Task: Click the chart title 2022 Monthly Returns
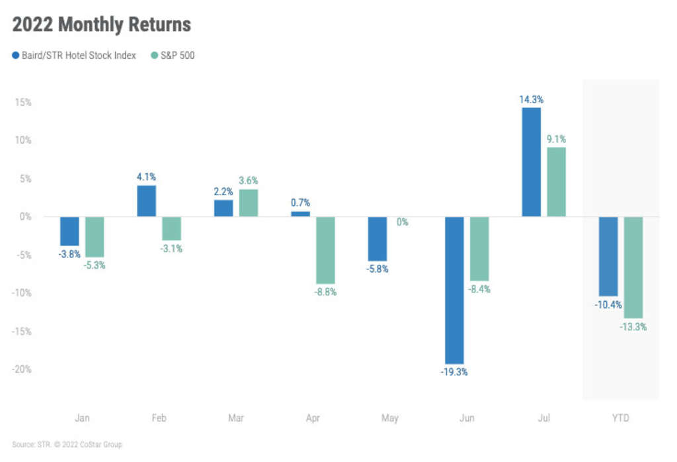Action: (x=101, y=25)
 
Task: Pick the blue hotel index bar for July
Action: (x=531, y=162)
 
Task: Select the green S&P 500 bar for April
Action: (x=325, y=250)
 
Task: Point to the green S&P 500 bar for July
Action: (x=556, y=181)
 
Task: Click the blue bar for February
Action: (x=146, y=201)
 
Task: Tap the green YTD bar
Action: (x=633, y=267)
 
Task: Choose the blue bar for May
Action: (x=377, y=238)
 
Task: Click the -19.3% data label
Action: (x=454, y=372)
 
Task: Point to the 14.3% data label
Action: (x=531, y=99)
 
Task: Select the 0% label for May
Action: (x=402, y=222)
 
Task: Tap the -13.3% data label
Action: (x=633, y=327)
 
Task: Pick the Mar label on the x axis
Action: (x=235, y=418)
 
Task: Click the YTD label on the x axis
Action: (x=620, y=418)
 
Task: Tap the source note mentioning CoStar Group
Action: (x=67, y=445)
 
